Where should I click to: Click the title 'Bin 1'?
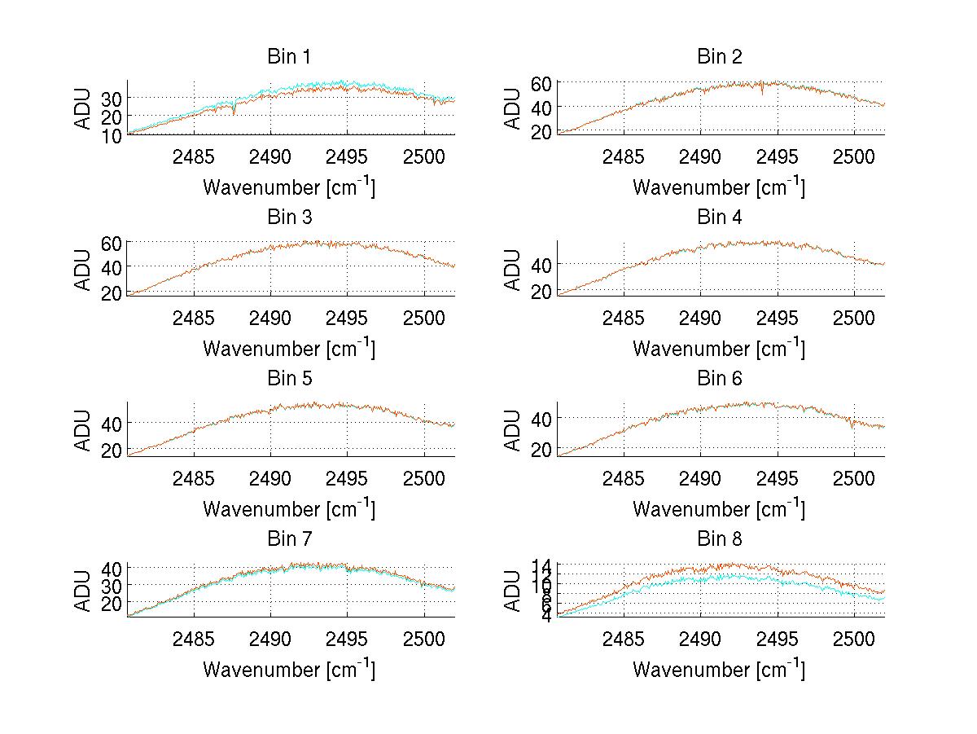click(x=288, y=57)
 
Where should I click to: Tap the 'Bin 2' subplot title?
click(x=719, y=57)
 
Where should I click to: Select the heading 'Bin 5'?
click(x=288, y=379)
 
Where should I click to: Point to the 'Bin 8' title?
click(x=719, y=539)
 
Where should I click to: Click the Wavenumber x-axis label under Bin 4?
click(x=719, y=349)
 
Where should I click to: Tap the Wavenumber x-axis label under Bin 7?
click(x=288, y=670)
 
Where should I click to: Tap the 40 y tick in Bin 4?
click(x=543, y=264)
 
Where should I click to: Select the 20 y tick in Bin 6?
click(x=543, y=450)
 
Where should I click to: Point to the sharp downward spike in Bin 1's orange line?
click(x=234, y=112)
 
